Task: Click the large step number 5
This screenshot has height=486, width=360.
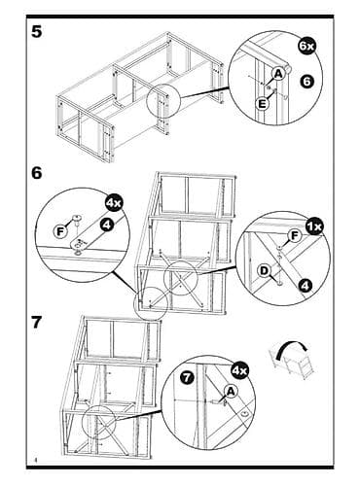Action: [37, 32]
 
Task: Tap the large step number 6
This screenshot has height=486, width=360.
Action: [37, 173]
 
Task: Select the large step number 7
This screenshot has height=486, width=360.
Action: [37, 323]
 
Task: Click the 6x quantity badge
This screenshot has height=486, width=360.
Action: [306, 46]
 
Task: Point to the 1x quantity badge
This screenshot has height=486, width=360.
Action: [314, 226]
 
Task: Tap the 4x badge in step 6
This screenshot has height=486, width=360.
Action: [113, 203]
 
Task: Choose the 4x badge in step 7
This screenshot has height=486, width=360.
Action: [239, 370]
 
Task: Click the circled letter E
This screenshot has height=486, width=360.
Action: [262, 104]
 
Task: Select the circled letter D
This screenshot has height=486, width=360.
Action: [265, 270]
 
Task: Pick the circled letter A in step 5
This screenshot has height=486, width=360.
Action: [278, 74]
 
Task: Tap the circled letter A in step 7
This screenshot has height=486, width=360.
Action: [231, 392]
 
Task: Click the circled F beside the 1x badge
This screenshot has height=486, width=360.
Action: [295, 236]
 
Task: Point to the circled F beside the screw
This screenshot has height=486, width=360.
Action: [60, 231]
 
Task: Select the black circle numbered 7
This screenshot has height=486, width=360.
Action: [188, 377]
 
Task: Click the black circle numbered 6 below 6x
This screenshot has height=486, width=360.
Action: [306, 81]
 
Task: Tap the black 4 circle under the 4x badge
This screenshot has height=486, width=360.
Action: [107, 225]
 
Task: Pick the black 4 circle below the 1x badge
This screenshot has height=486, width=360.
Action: [306, 286]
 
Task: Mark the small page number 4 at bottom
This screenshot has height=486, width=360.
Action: [35, 460]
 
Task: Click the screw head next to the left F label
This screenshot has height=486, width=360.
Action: [77, 219]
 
